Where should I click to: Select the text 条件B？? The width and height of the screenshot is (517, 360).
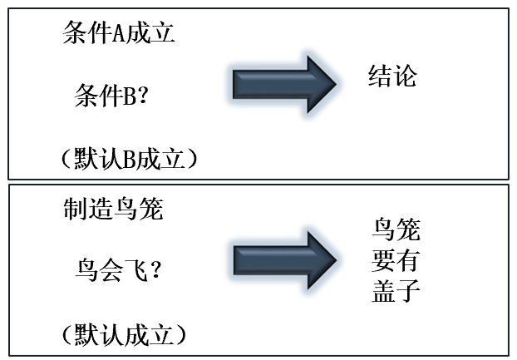[x=111, y=98]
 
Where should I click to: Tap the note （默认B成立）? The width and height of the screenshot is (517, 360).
[x=128, y=159]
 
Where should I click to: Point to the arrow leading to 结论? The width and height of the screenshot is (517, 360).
[x=283, y=84]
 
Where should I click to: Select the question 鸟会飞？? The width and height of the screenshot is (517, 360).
[x=117, y=271]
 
